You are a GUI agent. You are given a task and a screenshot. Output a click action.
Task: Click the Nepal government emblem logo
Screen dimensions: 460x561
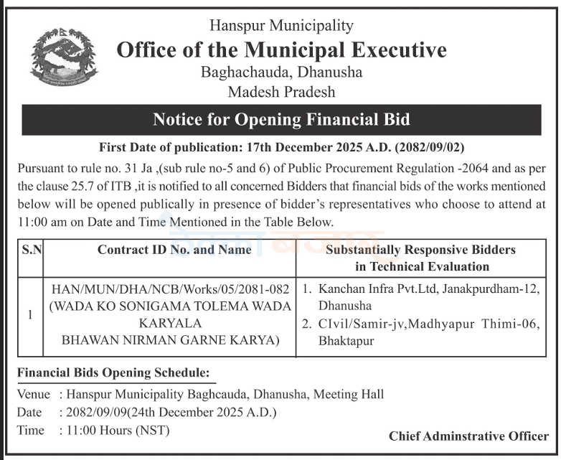pyautogui.click(x=64, y=57)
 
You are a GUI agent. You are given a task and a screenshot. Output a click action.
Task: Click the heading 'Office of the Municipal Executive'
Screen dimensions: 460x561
pyautogui.click(x=281, y=50)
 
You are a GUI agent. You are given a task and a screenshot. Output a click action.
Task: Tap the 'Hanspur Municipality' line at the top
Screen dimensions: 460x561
pyautogui.click(x=281, y=26)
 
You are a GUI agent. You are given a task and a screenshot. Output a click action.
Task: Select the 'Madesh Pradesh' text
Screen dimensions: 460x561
pyautogui.click(x=281, y=92)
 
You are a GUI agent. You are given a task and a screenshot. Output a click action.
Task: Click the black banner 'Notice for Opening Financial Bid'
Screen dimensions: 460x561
pyautogui.click(x=281, y=120)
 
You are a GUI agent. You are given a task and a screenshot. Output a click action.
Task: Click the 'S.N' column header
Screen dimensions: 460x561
pyautogui.click(x=32, y=250)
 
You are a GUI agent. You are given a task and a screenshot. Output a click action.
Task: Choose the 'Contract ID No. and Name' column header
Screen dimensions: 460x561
pyautogui.click(x=174, y=250)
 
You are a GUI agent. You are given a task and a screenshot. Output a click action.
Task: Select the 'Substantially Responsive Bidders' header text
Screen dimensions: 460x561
pyautogui.click(x=420, y=250)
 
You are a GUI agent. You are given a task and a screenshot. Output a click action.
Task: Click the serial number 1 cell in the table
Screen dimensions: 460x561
pyautogui.click(x=29, y=314)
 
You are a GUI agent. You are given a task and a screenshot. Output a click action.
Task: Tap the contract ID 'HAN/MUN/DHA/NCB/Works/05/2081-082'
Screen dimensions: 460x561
pyautogui.click(x=171, y=289)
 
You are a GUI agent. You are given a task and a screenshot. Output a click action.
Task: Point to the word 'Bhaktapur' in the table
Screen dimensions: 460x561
pyautogui.click(x=346, y=341)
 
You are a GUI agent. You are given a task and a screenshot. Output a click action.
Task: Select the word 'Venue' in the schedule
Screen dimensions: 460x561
pyautogui.click(x=33, y=394)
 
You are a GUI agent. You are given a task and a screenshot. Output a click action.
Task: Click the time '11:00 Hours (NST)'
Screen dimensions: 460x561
pyautogui.click(x=111, y=431)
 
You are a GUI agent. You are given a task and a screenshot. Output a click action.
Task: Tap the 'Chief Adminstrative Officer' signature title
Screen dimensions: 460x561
pyautogui.click(x=468, y=436)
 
